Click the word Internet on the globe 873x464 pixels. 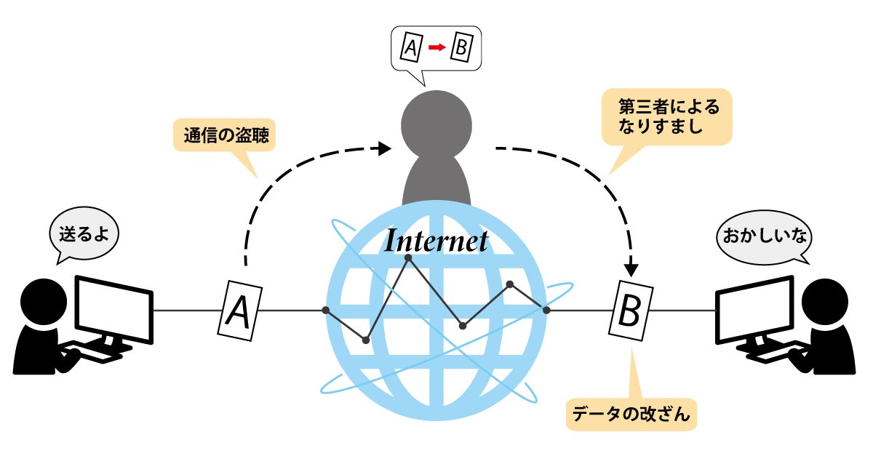[x=436, y=241]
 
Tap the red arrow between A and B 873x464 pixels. [x=437, y=47]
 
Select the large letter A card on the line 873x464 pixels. [x=239, y=311]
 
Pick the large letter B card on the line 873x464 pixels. [x=631, y=311]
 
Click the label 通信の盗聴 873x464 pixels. [x=226, y=135]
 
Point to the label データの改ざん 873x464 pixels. [x=631, y=414]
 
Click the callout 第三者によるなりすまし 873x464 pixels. [x=667, y=117]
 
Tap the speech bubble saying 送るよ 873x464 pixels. [x=84, y=233]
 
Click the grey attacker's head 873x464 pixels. [x=436, y=125]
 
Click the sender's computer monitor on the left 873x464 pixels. [x=113, y=310]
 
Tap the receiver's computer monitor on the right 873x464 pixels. [x=754, y=310]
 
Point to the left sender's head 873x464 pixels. [x=44, y=302]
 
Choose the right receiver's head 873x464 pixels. [x=825, y=302]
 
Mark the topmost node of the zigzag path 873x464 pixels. [x=408, y=257]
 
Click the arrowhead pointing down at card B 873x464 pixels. [x=631, y=270]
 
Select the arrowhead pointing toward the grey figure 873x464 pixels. [x=385, y=148]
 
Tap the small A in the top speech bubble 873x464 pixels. [x=412, y=47]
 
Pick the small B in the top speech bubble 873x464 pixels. [x=462, y=47]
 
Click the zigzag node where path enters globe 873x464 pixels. [x=326, y=310]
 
